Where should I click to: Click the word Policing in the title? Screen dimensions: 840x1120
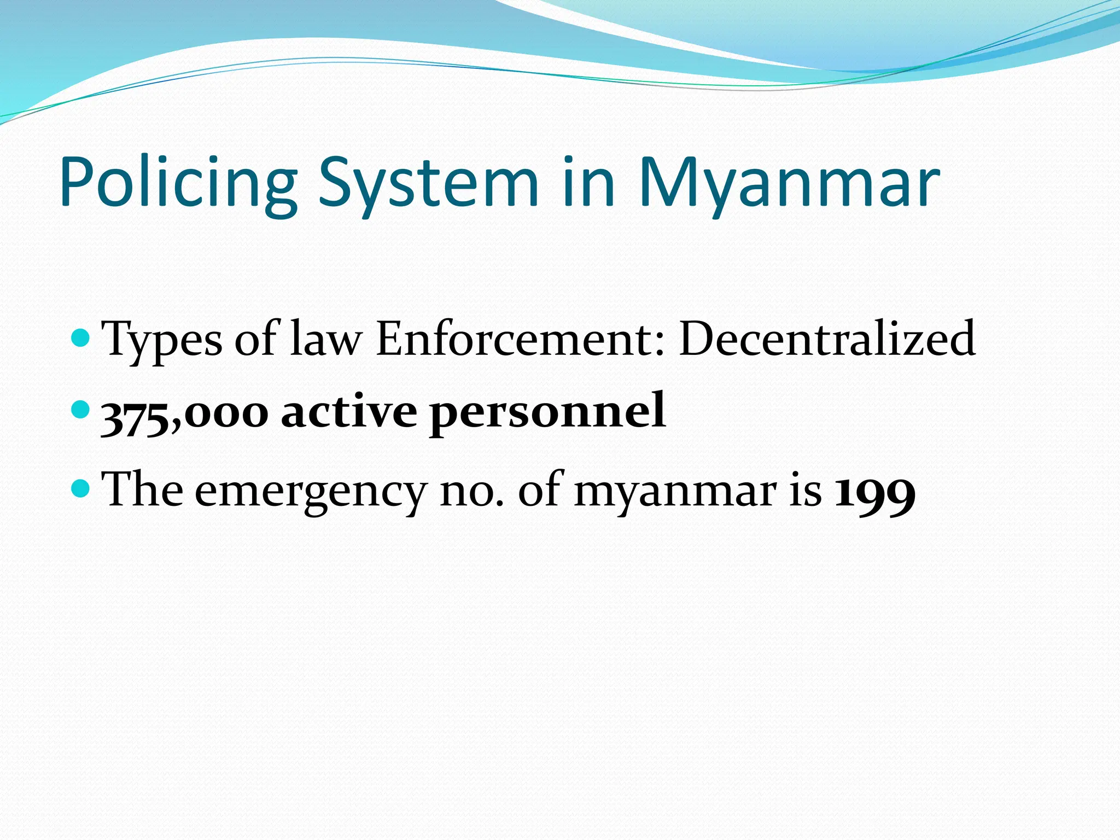(178, 183)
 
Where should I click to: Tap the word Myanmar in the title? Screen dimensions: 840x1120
(789, 183)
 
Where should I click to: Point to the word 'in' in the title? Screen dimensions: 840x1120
(588, 183)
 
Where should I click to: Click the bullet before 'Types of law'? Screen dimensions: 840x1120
(80, 338)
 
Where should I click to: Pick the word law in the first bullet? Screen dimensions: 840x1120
(326, 339)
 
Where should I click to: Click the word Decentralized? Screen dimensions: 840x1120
(827, 339)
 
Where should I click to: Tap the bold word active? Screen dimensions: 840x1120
(348, 411)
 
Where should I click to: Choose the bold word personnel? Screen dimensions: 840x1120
(547, 411)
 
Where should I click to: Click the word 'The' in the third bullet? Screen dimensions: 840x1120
(142, 489)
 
